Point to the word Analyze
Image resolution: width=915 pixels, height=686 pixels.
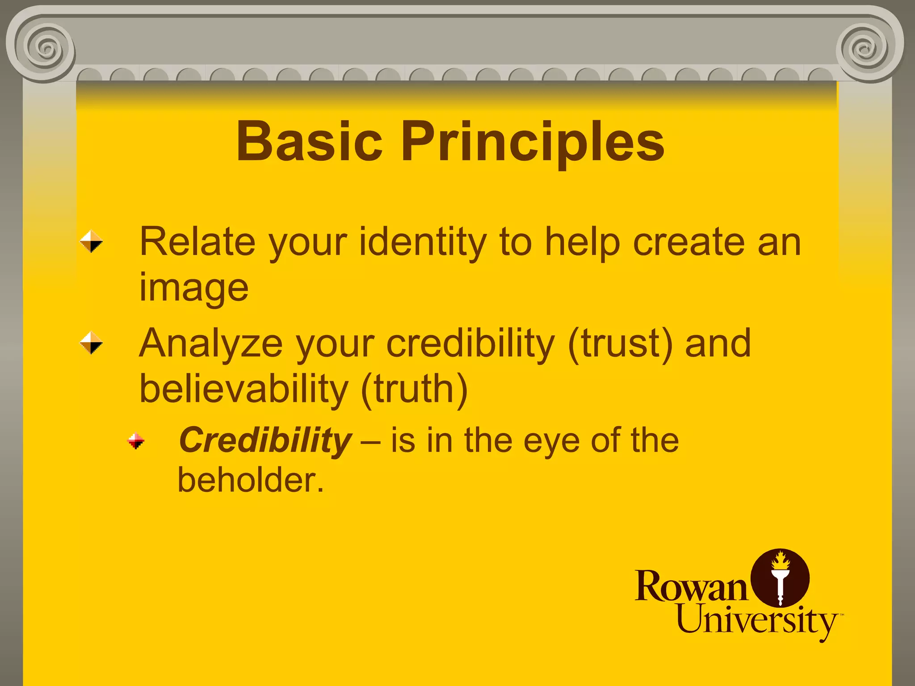point(211,344)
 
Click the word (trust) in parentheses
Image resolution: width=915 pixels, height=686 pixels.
point(620,344)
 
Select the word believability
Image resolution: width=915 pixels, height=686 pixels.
point(243,389)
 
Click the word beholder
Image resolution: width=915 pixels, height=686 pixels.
point(250,480)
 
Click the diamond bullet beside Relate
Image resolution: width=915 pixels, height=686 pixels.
point(91,241)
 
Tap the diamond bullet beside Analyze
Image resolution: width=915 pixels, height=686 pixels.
point(91,343)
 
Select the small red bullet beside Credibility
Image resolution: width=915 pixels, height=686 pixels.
point(135,441)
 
